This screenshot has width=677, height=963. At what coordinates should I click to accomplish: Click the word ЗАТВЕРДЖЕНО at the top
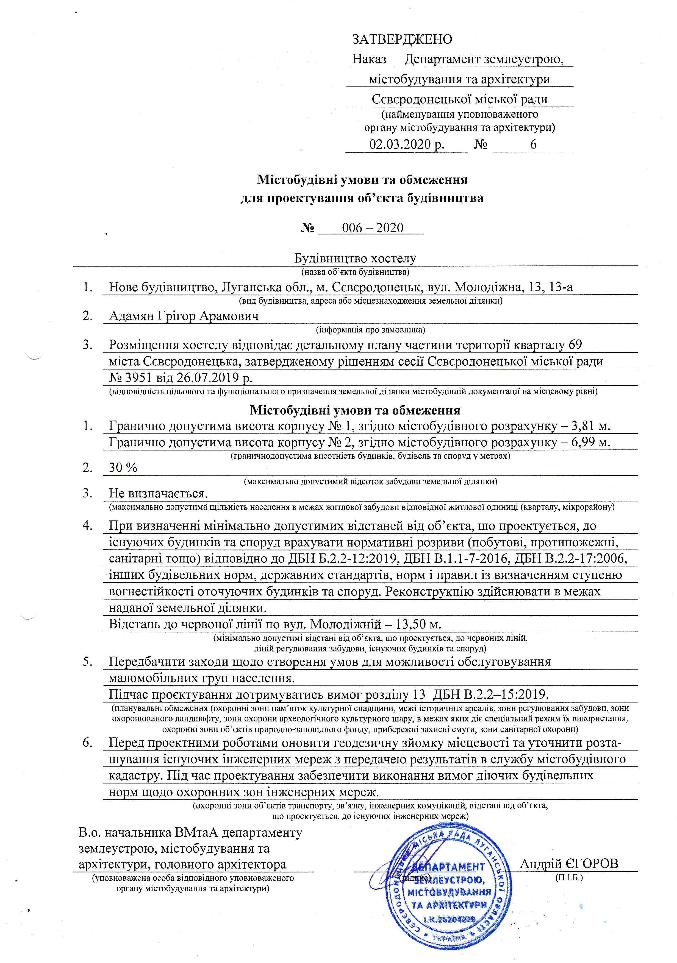(402, 40)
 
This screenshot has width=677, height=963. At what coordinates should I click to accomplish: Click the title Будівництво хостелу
(355, 258)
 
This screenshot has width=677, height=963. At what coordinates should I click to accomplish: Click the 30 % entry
(123, 468)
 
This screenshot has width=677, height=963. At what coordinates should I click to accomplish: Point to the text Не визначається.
(158, 493)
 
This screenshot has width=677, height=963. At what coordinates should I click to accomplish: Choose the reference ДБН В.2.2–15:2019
(490, 694)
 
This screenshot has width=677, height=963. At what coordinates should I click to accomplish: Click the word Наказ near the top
(369, 59)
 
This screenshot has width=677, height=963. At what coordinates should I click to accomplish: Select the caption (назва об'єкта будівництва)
(355, 272)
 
